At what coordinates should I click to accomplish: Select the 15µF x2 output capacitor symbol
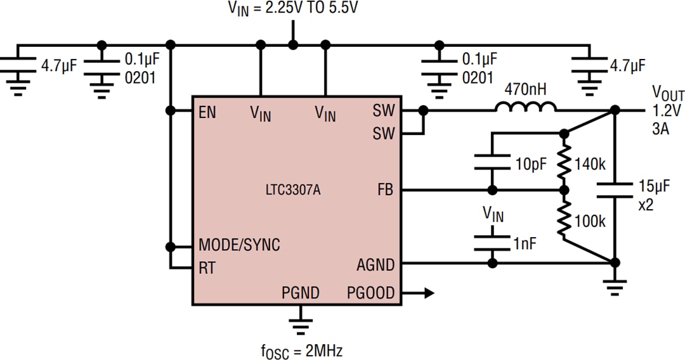pyautogui.click(x=615, y=188)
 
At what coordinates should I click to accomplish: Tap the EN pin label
pyautogui.click(x=207, y=113)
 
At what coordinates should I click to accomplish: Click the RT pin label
pyautogui.click(x=207, y=268)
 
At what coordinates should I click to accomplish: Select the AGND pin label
pyautogui.click(x=375, y=264)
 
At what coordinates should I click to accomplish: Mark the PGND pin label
pyautogui.click(x=301, y=293)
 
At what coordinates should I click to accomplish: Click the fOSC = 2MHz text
pyautogui.click(x=297, y=349)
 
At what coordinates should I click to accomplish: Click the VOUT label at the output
pyautogui.click(x=667, y=95)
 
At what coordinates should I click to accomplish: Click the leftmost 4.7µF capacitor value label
pyautogui.click(x=59, y=65)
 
